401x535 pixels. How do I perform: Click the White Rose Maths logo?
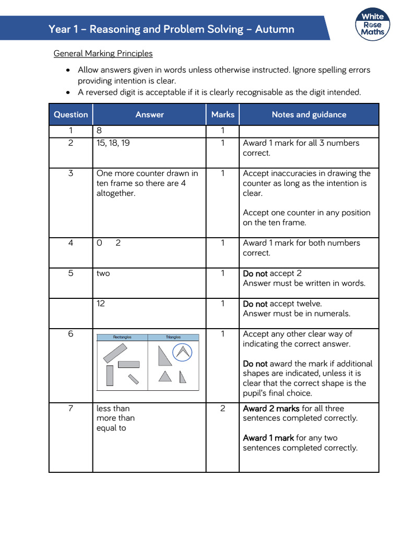click(x=373, y=24)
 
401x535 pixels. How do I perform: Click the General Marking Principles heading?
click(x=103, y=53)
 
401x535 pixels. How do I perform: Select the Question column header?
click(x=71, y=114)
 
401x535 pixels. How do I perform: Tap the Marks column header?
click(x=223, y=114)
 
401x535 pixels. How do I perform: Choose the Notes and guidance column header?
click(x=309, y=114)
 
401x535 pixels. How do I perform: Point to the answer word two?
click(x=103, y=273)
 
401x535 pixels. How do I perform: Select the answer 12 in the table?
click(x=101, y=304)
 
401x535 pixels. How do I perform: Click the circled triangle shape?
click(x=182, y=352)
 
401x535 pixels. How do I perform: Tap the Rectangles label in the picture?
click(x=122, y=338)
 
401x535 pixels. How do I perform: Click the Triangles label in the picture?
click(x=173, y=338)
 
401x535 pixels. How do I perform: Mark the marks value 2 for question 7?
click(x=222, y=409)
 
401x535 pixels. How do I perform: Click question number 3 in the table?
click(x=71, y=173)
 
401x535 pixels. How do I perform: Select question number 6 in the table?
click(x=71, y=334)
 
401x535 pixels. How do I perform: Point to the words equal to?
click(x=111, y=428)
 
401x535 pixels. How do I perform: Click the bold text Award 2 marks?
click(x=271, y=409)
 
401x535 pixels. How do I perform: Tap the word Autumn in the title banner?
click(x=276, y=29)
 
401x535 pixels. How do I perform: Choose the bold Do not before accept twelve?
click(x=255, y=304)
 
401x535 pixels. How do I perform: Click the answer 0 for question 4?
click(x=99, y=243)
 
